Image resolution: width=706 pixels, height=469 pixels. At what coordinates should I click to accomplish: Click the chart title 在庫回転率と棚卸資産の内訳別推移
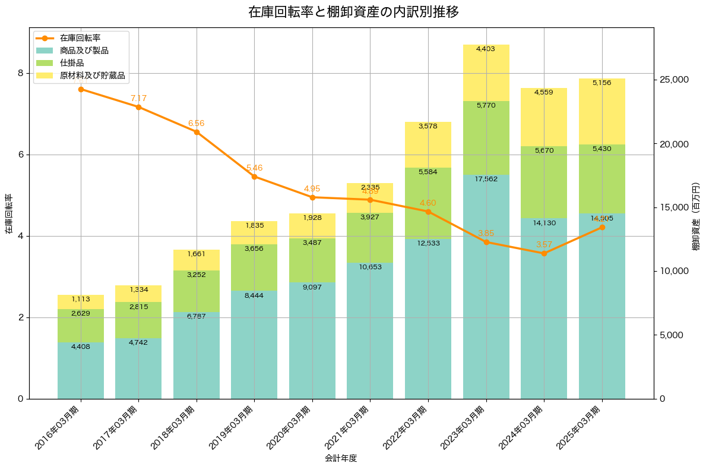point(353,12)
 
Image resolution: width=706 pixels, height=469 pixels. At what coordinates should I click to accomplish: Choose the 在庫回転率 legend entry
point(80,38)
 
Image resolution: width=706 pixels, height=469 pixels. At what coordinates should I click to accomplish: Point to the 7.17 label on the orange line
point(138,98)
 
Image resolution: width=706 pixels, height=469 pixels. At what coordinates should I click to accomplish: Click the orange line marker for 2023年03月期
point(486,242)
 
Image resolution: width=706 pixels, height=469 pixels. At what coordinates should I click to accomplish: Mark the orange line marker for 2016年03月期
point(81,89)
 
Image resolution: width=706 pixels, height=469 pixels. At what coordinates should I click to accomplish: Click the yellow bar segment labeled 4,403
point(486,73)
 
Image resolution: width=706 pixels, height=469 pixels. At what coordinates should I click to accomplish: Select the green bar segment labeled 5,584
point(428,203)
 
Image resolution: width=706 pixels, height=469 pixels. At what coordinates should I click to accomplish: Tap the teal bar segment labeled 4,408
point(81,370)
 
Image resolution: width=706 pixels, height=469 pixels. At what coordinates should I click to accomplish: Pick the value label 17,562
point(486,178)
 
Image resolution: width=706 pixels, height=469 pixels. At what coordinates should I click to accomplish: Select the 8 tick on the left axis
point(20,73)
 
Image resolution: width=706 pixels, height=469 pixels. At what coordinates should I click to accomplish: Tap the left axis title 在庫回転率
point(8,213)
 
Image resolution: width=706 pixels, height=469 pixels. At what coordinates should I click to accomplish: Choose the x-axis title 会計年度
point(341,458)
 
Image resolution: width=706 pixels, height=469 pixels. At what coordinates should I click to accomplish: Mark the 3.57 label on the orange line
point(544,244)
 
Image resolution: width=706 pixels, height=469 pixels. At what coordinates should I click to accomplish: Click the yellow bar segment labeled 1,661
point(197,260)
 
